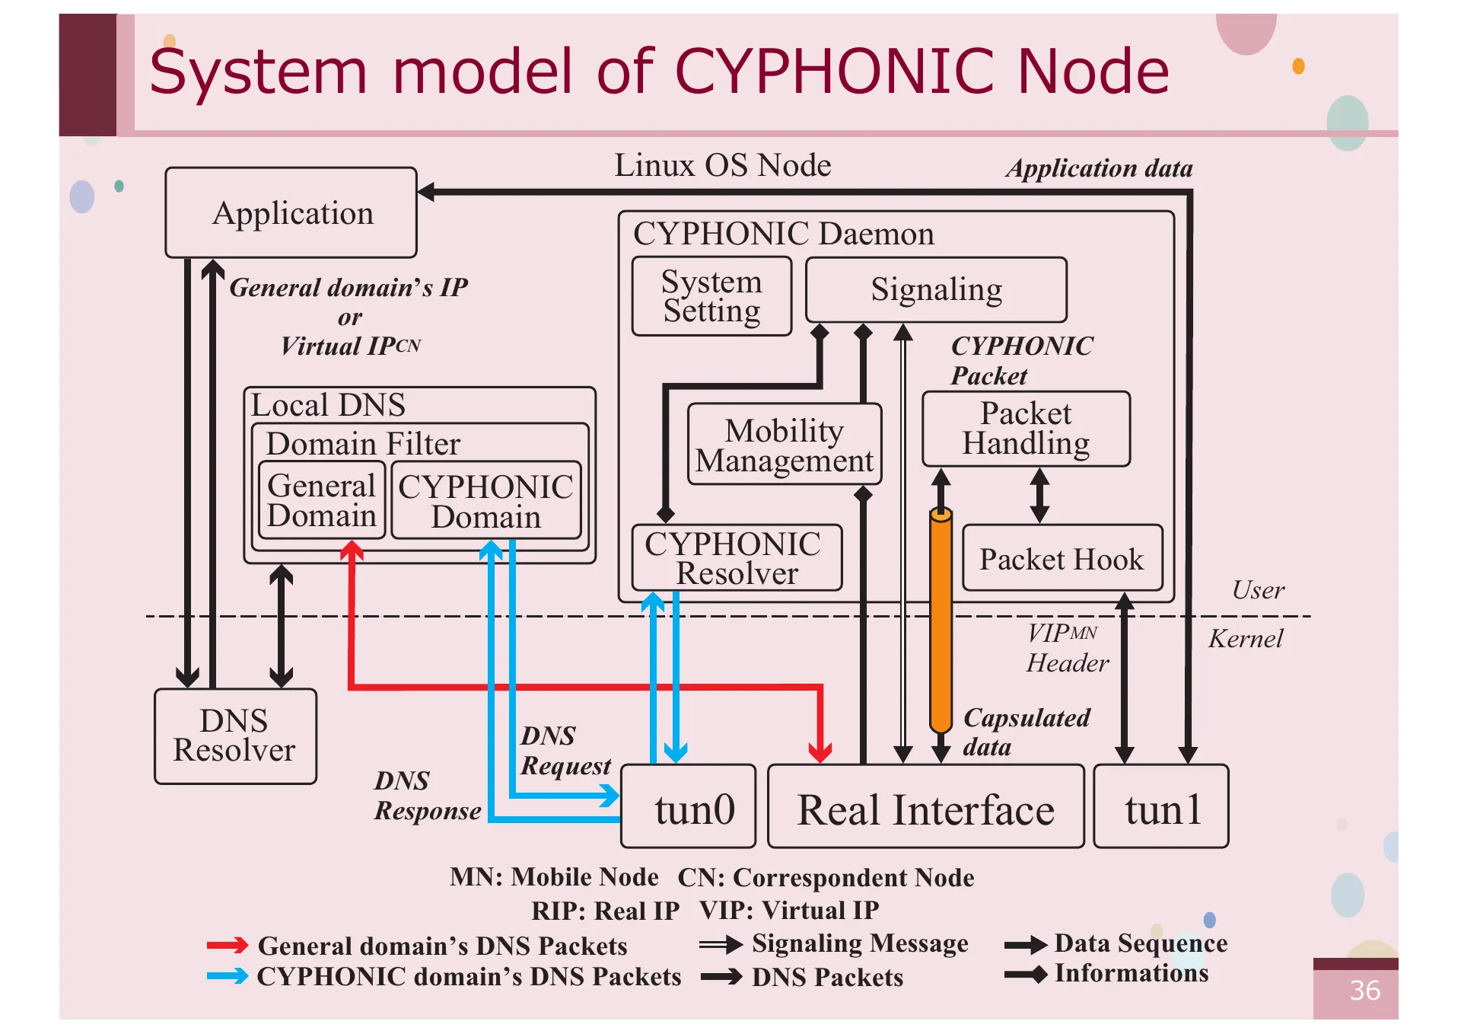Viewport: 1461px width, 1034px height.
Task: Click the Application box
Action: pos(291,212)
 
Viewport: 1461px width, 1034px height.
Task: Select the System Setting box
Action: pos(711,296)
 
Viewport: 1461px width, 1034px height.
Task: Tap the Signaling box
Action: pos(935,289)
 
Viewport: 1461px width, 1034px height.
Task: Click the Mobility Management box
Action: pos(784,445)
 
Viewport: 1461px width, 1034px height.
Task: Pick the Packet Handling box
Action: pos(1025,429)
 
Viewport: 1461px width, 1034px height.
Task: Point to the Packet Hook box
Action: pos(1062,558)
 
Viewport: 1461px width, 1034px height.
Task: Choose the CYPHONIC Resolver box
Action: pos(736,558)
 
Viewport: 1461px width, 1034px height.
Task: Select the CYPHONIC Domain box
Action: pos(485,500)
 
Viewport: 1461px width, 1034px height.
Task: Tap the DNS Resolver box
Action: pos(234,736)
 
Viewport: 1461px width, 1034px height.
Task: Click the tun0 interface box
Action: pos(688,807)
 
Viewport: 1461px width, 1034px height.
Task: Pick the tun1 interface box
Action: pos(1160,807)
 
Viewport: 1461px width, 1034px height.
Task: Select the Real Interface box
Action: pos(925,807)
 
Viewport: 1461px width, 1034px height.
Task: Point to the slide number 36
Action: pos(1364,991)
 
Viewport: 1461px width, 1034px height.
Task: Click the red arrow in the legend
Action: pos(227,946)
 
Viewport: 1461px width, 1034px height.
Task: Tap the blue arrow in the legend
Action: pos(227,976)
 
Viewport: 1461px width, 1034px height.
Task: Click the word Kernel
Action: pos(1245,638)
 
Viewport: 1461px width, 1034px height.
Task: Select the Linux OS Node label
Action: pos(722,165)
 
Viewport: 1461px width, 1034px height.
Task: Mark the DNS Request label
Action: pos(564,751)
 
